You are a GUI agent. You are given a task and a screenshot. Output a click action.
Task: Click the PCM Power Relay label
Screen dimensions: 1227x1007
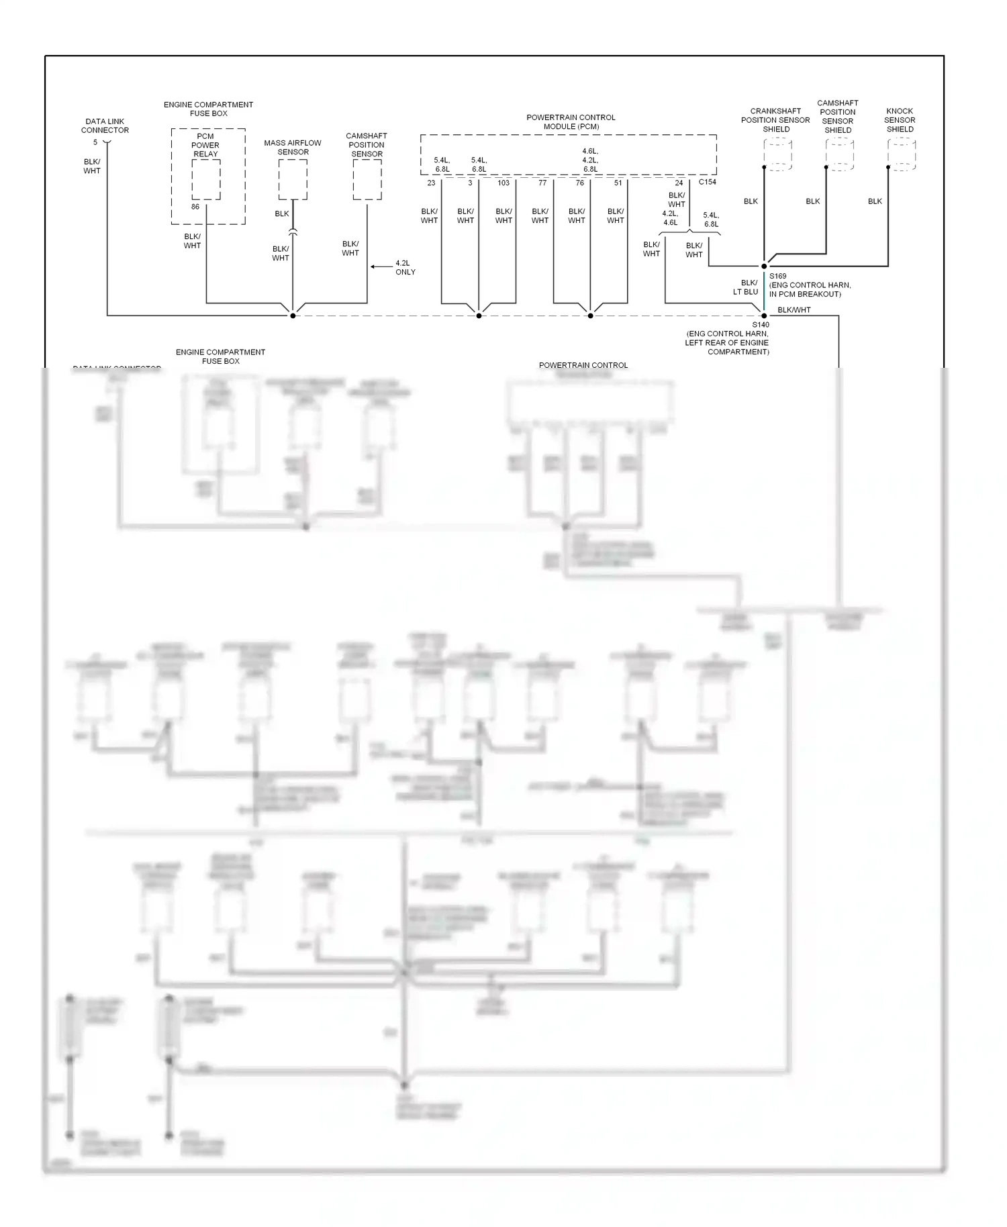click(x=205, y=145)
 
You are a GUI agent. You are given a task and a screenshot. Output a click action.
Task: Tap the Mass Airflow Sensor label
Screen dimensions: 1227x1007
click(x=293, y=148)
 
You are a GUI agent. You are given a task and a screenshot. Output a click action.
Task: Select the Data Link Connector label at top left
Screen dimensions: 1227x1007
click(x=105, y=126)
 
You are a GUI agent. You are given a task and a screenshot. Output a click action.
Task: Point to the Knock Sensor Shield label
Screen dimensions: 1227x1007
click(x=900, y=120)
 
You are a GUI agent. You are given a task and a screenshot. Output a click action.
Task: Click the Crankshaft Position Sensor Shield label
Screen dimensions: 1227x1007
click(x=775, y=120)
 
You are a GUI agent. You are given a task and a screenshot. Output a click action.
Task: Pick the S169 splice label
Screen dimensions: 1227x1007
click(x=778, y=276)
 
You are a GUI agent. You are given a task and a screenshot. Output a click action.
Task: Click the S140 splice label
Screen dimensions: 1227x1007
click(x=761, y=325)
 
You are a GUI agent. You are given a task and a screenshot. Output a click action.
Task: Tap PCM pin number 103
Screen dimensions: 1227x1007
click(x=503, y=183)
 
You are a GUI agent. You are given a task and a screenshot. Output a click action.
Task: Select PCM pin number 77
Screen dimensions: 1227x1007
click(x=542, y=183)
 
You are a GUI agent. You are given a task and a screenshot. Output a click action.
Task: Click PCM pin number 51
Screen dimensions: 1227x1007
click(x=618, y=183)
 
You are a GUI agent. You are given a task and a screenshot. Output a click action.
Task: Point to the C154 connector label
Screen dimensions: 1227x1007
click(x=708, y=182)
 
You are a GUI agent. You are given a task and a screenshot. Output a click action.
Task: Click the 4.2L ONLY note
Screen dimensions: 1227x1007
click(x=405, y=268)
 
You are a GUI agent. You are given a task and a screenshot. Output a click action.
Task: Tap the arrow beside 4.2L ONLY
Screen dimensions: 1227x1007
click(x=381, y=267)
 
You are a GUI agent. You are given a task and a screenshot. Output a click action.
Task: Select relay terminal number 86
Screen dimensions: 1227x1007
click(x=195, y=207)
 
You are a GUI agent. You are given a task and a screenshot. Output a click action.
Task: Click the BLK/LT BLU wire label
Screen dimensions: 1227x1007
click(x=746, y=287)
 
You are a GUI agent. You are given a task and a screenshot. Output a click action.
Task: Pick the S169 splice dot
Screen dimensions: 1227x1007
click(x=764, y=266)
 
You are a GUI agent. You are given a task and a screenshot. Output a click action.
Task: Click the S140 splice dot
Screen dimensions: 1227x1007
click(x=764, y=315)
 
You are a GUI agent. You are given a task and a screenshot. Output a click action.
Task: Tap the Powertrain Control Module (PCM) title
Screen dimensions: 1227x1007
click(x=571, y=121)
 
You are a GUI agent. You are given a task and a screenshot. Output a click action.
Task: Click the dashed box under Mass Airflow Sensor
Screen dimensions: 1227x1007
click(x=293, y=179)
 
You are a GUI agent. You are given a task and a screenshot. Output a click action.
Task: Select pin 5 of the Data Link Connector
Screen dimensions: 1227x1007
click(x=95, y=142)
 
